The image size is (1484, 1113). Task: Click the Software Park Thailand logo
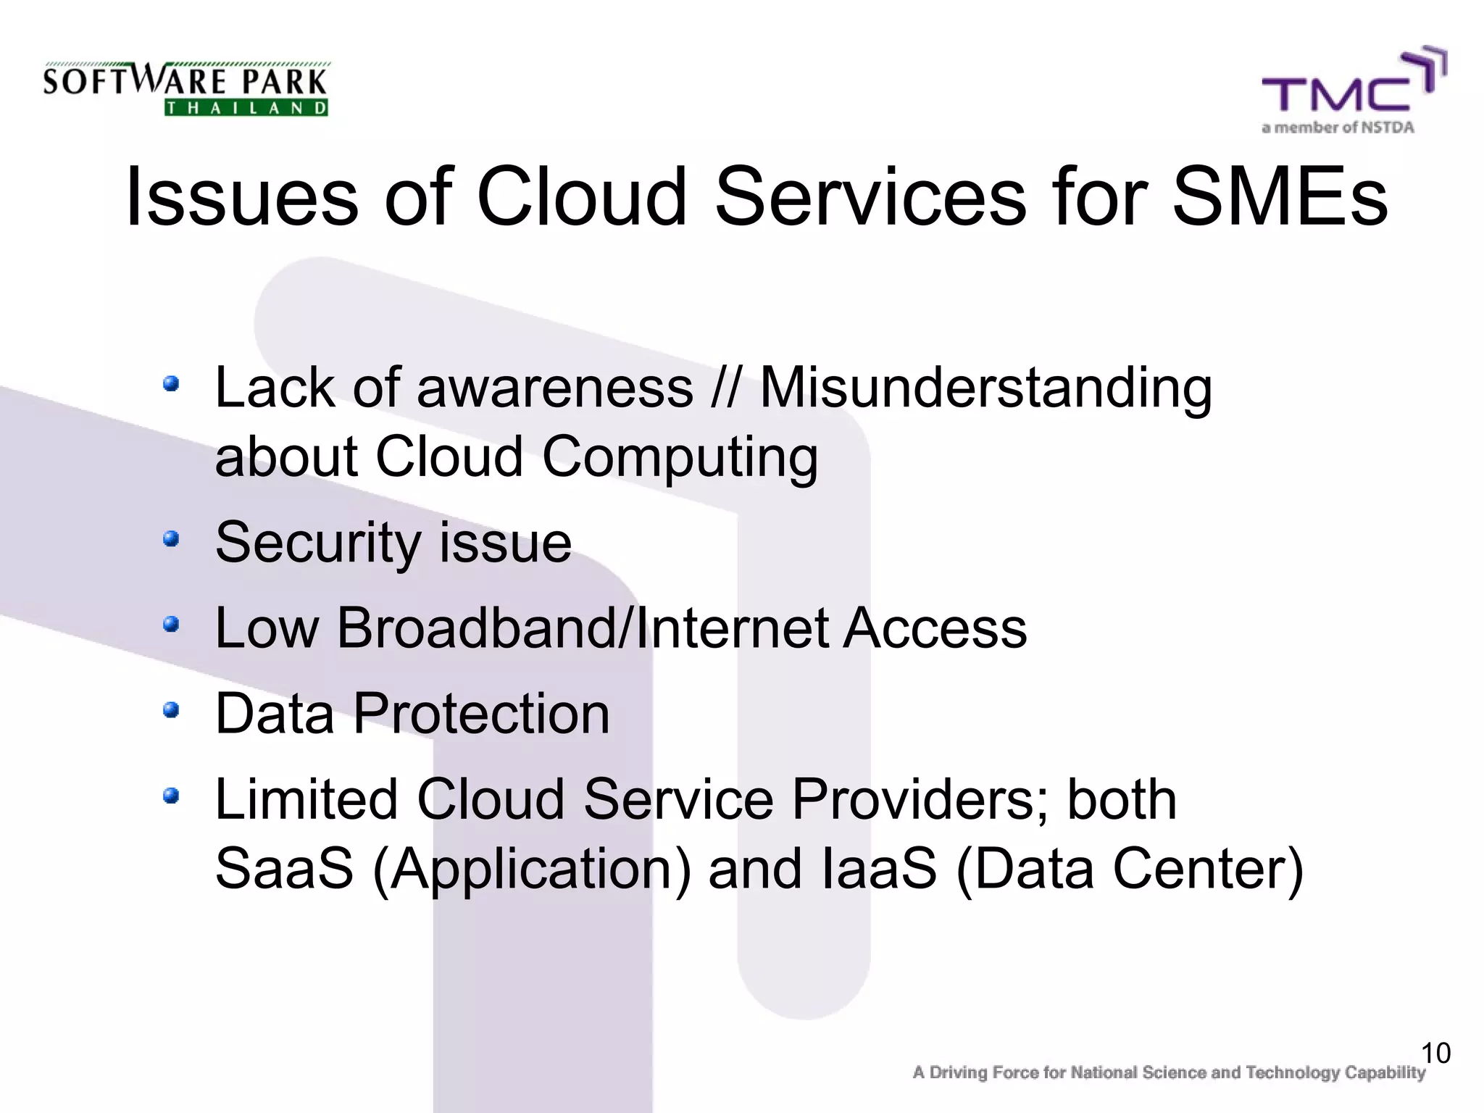point(185,88)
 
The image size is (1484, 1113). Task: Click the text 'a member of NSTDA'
point(1338,128)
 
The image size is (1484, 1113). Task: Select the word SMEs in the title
point(1280,197)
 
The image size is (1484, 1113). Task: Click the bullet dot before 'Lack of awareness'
point(170,383)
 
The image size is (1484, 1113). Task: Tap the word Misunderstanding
point(985,388)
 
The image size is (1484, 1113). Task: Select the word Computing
point(680,458)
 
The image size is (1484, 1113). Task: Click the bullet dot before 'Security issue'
point(170,538)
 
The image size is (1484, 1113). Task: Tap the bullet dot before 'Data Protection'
point(170,709)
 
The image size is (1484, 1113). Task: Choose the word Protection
point(481,714)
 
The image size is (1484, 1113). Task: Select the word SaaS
point(284,868)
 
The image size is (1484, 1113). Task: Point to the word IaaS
point(880,868)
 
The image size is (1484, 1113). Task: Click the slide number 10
point(1435,1053)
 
